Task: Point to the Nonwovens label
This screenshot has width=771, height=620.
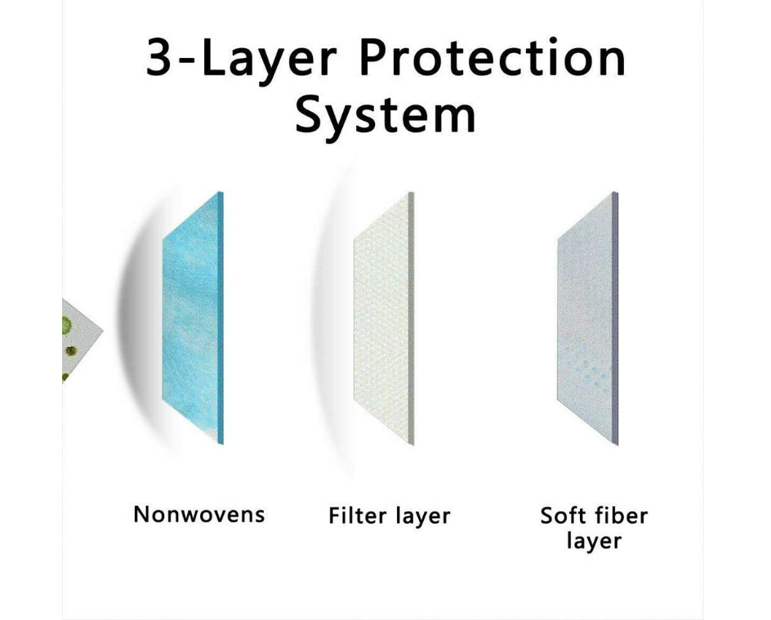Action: point(199,515)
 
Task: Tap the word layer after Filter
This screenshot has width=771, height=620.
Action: point(423,518)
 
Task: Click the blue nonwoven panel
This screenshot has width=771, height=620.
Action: point(190,317)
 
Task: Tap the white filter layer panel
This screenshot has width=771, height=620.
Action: point(381,319)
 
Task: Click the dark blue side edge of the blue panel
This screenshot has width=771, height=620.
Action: point(221,318)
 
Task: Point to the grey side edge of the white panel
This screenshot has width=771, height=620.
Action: point(412,319)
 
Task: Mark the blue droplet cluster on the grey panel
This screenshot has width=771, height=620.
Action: point(586,366)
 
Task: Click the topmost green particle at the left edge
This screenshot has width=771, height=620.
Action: point(66,324)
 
